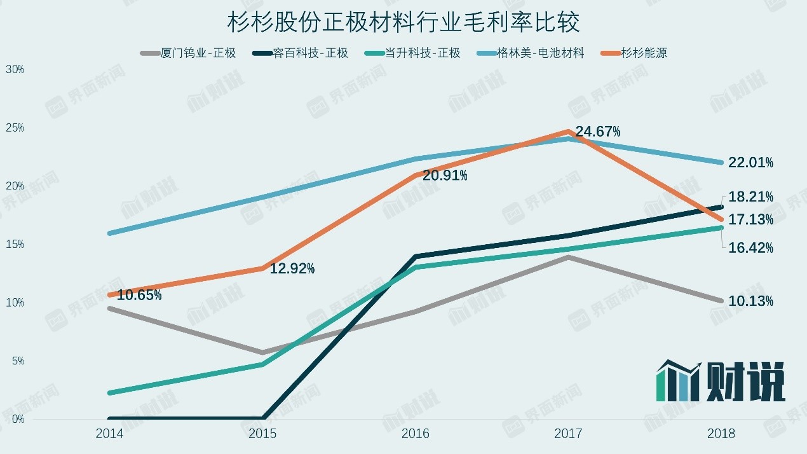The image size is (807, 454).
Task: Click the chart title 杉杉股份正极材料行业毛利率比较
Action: point(403,23)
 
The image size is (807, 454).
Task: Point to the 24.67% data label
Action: point(598,132)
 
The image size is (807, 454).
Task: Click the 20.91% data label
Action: point(445,175)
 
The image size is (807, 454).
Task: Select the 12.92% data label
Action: point(292,269)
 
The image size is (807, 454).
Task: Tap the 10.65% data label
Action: point(139,295)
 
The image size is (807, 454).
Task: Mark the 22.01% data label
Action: point(750,163)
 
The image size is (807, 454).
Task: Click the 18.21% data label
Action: point(750,196)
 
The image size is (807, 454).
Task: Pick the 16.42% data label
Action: point(750,248)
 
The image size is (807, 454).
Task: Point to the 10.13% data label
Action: point(750,301)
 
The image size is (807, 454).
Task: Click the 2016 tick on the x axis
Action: point(416,434)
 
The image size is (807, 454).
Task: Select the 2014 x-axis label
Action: point(109,434)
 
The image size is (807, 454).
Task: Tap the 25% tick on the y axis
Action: point(15,128)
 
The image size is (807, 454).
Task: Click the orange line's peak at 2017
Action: point(567,132)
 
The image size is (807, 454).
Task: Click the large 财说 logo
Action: point(721,382)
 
